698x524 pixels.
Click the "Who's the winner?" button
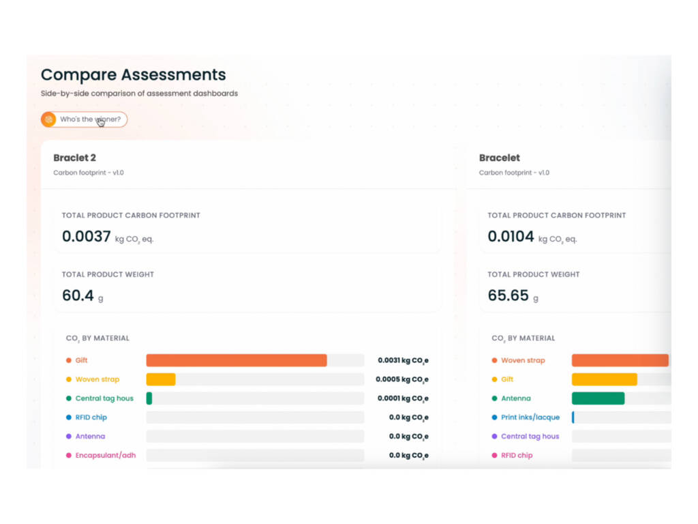84,119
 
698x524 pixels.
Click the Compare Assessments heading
134,75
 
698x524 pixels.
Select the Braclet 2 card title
74,158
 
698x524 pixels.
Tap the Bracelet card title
499,158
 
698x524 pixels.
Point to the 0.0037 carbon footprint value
87,236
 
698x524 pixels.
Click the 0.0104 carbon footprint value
511,236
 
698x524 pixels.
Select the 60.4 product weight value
78,295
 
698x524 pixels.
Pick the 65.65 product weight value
508,295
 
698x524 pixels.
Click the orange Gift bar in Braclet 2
237,360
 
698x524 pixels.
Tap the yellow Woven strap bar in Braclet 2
161,379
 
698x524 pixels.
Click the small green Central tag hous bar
149,398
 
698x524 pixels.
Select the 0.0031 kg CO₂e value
403,360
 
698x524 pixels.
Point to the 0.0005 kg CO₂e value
402,379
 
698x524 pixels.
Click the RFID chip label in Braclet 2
91,418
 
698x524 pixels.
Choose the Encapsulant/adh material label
106,455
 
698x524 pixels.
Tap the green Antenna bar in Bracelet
598,398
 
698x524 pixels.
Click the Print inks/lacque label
530,418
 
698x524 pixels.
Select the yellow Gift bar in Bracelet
605,379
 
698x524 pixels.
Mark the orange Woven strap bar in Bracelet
620,360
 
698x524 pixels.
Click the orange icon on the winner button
48,119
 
